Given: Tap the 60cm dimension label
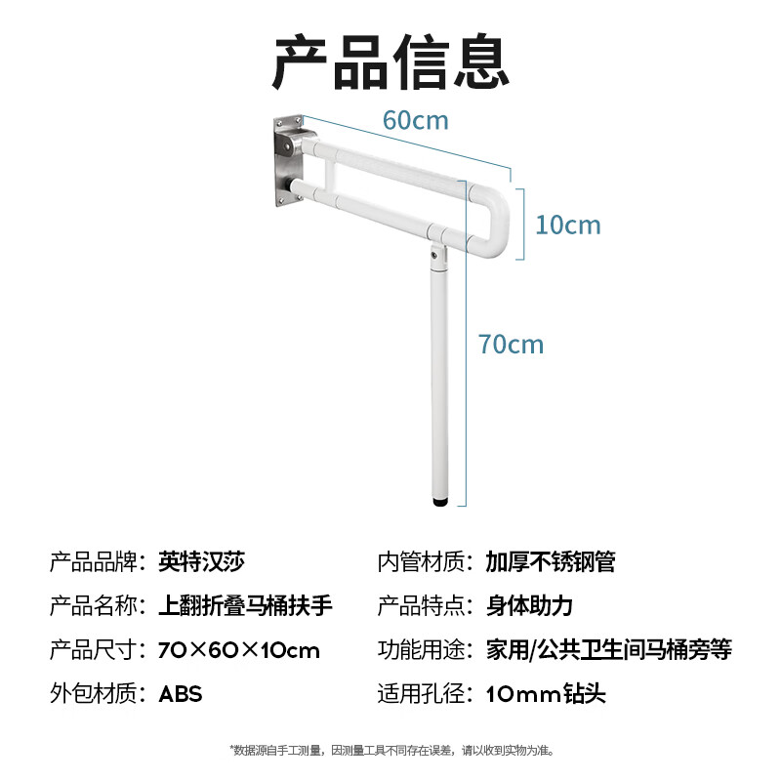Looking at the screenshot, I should click(x=415, y=120).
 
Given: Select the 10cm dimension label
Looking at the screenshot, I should click(x=568, y=225).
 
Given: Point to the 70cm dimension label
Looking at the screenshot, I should click(x=511, y=344).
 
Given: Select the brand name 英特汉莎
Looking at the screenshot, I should click(x=201, y=561).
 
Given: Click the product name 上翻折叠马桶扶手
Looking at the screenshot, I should click(x=245, y=605).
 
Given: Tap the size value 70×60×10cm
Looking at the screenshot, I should click(x=239, y=649).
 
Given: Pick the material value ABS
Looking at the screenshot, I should click(x=181, y=693).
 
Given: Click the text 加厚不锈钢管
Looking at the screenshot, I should click(x=551, y=561).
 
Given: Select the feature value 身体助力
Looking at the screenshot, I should click(x=529, y=605).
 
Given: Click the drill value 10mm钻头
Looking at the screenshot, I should click(x=546, y=693).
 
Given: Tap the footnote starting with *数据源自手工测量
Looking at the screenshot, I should click(x=390, y=750).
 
